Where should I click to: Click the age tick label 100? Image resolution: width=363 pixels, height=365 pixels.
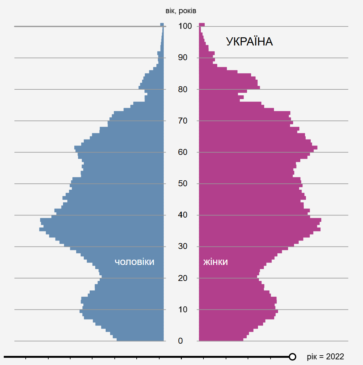tap(185, 26)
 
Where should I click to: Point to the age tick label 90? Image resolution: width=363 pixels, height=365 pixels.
tap(183, 57)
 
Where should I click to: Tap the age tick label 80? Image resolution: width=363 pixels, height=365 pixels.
tap(183, 89)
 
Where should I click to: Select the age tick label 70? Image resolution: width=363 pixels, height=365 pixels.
tap(183, 121)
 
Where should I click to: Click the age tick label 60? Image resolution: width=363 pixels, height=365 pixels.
tap(183, 152)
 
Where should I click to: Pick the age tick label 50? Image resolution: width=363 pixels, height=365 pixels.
tap(183, 183)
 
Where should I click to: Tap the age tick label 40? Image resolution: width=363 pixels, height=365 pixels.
tap(183, 215)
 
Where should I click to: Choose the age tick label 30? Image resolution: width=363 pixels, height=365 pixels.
tap(183, 246)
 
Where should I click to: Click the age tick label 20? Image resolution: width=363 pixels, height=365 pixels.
tap(183, 278)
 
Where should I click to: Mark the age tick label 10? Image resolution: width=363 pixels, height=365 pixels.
tap(183, 309)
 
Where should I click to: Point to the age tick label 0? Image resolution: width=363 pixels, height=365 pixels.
tap(180, 341)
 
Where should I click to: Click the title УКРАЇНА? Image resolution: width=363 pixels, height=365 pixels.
tap(249, 42)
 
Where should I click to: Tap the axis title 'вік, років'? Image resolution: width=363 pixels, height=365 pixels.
tap(181, 11)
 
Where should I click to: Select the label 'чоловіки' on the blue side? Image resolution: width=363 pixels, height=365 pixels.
tap(134, 262)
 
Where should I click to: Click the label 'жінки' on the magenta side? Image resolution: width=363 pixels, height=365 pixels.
tap(215, 262)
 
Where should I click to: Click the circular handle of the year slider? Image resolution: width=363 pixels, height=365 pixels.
tap(292, 357)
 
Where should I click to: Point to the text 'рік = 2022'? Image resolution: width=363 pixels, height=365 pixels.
tap(325, 357)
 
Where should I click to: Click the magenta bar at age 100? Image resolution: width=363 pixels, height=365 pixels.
tap(202, 24)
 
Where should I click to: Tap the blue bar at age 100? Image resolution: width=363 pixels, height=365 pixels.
tap(162, 24)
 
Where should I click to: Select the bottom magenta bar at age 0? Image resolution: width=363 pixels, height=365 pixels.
tap(221, 339)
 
